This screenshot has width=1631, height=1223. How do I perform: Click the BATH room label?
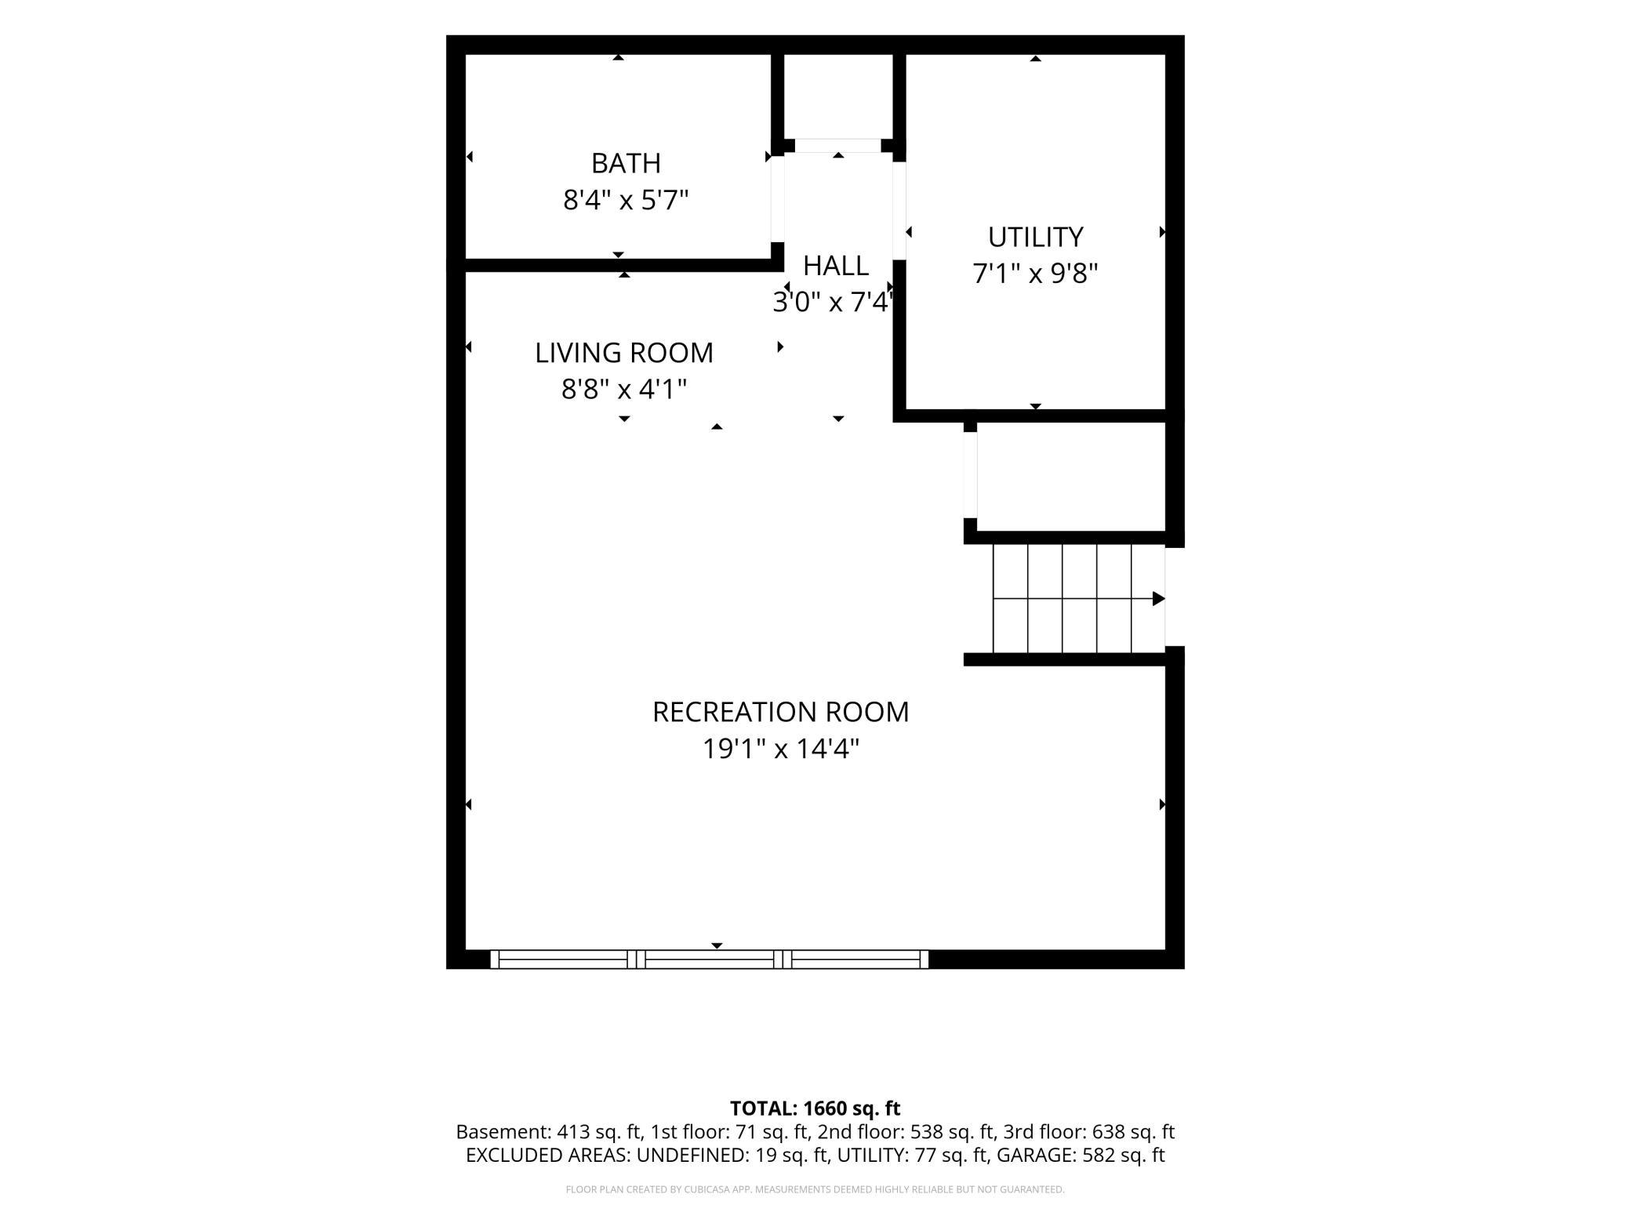point(626,163)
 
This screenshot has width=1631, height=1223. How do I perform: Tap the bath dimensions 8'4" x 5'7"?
point(626,201)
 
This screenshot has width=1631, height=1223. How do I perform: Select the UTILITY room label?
point(1035,237)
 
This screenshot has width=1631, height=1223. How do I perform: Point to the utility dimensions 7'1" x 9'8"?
point(1035,274)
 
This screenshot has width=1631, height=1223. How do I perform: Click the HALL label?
point(836,266)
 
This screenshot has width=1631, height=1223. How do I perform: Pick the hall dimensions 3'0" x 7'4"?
point(834,302)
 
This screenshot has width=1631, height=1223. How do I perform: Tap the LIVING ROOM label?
point(624,353)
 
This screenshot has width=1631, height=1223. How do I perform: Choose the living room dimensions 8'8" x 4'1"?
point(624,389)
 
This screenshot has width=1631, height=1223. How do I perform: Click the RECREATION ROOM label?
point(781,712)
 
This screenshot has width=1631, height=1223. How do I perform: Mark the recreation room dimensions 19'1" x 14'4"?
point(781,749)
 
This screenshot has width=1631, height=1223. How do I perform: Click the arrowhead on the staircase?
point(1158,599)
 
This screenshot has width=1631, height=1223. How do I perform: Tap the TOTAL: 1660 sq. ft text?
point(815,1109)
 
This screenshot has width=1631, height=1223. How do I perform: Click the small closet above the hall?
point(838,96)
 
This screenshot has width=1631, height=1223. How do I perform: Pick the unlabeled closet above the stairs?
point(1071,476)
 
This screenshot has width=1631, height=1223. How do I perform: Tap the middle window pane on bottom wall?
point(710,959)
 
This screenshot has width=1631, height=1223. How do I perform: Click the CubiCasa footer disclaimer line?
point(815,1189)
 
